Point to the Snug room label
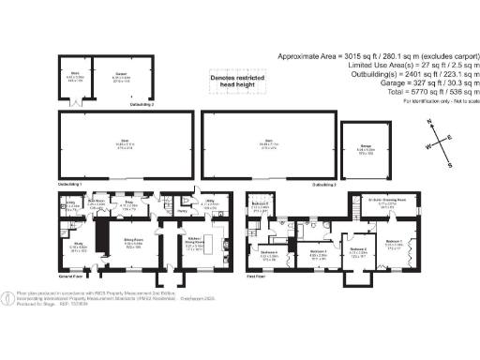(x=130, y=203)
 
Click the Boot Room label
(x=96, y=202)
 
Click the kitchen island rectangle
(x=208, y=246)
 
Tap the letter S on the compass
(x=449, y=165)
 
